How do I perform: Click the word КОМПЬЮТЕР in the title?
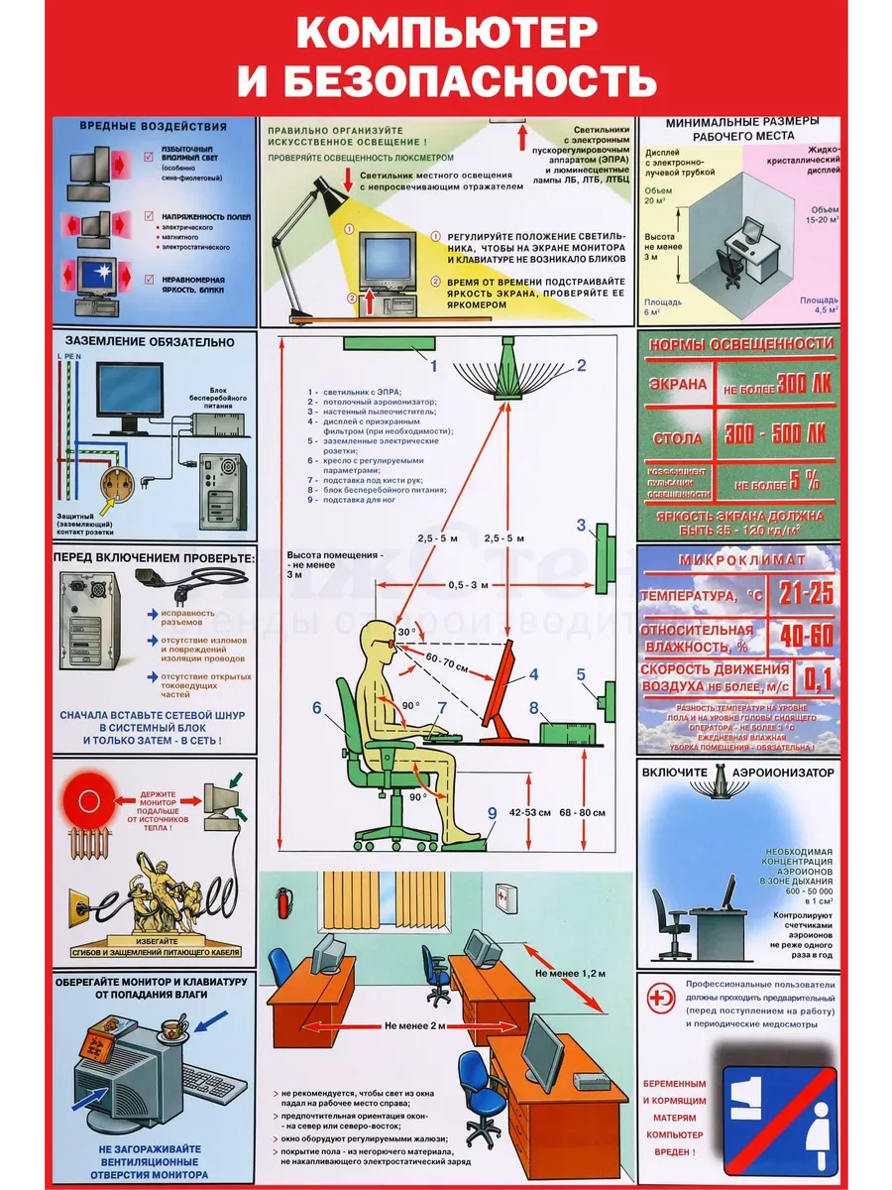coord(446,34)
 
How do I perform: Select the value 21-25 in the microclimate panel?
coord(805,594)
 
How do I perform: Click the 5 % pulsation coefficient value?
coord(804,482)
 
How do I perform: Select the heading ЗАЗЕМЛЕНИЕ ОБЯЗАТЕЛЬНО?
coord(144,342)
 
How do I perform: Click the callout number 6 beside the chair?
coord(317,708)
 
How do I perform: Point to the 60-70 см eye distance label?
coord(448,661)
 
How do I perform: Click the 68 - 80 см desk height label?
coord(583,813)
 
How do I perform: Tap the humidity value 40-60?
coord(807,636)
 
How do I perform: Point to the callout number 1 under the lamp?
coord(433,364)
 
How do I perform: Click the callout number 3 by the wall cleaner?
coord(582,526)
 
